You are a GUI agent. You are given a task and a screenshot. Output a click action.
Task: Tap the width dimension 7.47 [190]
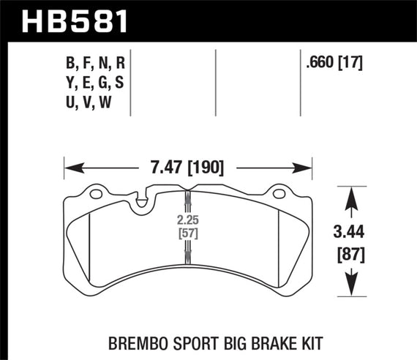point(189,168)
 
